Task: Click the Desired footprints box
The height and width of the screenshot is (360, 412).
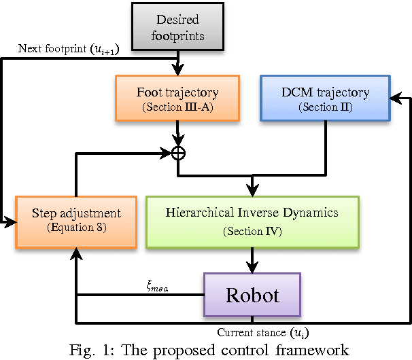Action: tap(179, 27)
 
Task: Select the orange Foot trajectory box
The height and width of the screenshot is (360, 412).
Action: tap(177, 98)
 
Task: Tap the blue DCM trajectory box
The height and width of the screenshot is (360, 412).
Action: tap(324, 98)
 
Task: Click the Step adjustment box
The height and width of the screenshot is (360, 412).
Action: tap(75, 221)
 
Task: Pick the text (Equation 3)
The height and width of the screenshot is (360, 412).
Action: tap(75, 228)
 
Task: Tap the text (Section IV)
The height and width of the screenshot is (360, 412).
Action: tap(252, 232)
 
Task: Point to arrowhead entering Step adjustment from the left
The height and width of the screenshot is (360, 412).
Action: tap(12, 221)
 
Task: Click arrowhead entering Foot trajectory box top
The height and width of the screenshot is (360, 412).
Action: tap(177, 70)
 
